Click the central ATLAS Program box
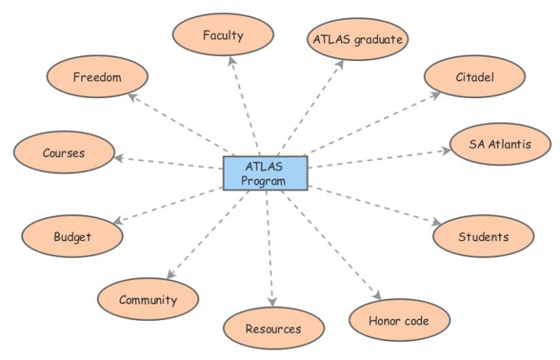click(265, 173)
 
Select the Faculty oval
click(223, 35)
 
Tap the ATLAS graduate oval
click(358, 39)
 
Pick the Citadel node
click(475, 77)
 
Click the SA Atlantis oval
click(500, 145)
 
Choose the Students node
click(483, 237)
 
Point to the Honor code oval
click(398, 321)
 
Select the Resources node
click(273, 328)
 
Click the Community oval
click(148, 300)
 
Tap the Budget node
click(72, 237)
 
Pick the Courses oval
click(63, 153)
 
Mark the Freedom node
click(97, 77)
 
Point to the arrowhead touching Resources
click(272, 303)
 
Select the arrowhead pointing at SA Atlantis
click(444, 150)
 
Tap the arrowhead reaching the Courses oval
click(120, 158)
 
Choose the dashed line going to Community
click(206, 235)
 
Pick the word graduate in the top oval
click(378, 39)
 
